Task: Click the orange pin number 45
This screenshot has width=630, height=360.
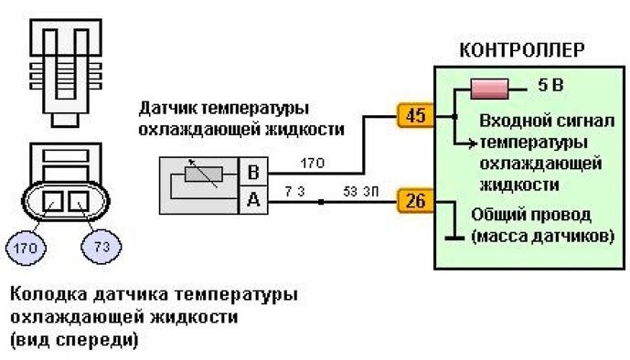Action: pyautogui.click(x=415, y=117)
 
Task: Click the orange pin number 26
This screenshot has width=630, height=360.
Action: pyautogui.click(x=415, y=202)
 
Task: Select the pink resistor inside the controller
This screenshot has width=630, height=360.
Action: pyautogui.click(x=491, y=90)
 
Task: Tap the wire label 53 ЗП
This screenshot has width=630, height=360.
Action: pyautogui.click(x=358, y=192)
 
